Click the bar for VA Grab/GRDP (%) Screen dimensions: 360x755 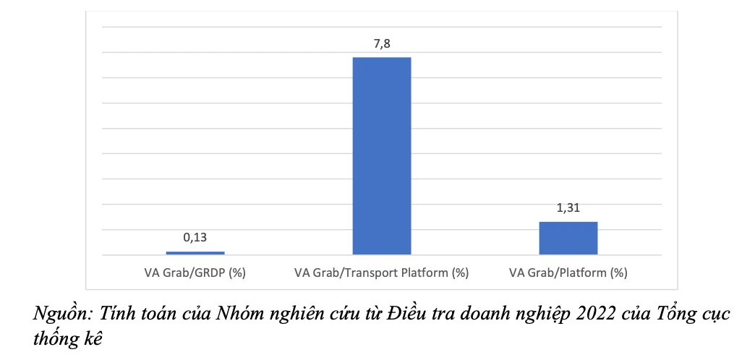click(195, 252)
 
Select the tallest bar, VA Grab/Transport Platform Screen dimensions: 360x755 click(381, 155)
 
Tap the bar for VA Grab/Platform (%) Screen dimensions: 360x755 click(568, 238)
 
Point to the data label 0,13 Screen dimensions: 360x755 click(195, 236)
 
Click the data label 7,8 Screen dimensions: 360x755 click(381, 43)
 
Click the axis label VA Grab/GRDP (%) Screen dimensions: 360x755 click(195, 273)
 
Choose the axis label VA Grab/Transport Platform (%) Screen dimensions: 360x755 click(381, 273)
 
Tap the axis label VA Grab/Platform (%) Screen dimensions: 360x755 click(568, 273)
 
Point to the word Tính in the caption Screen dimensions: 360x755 click(116, 314)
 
